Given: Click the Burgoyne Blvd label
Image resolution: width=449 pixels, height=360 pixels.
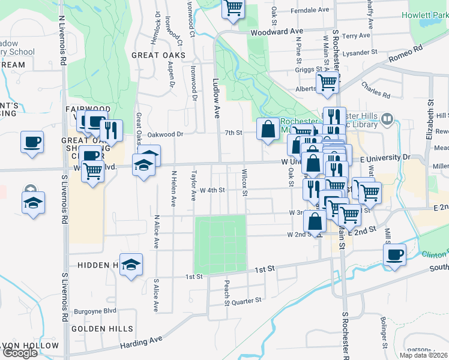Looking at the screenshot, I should click(95, 311).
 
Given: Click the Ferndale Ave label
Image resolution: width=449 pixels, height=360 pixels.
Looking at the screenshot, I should click(310, 10).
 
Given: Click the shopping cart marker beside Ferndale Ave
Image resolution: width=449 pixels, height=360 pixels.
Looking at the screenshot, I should click(234, 8).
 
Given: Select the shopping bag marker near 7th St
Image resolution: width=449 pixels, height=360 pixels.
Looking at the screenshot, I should click(267, 129).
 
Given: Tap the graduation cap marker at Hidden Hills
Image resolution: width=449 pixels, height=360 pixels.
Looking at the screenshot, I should click(130, 265).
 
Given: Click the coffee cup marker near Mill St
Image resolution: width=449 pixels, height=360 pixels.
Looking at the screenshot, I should click(394, 254).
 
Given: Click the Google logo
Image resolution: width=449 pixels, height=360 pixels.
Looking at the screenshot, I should click(20, 353).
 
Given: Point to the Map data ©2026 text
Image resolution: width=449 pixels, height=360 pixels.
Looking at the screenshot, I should click(423, 355).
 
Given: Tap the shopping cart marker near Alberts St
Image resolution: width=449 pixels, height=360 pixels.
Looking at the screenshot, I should click(327, 83).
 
